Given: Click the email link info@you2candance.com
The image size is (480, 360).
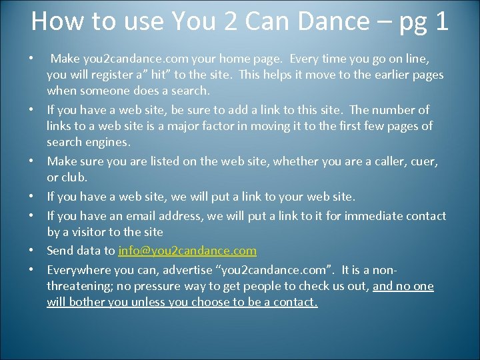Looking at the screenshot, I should point(187,251).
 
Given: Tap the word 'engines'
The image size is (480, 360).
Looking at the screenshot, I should point(105,141).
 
